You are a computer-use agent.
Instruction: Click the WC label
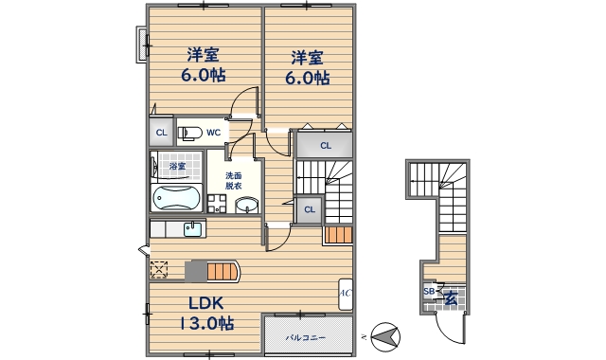pyautogui.click(x=213, y=133)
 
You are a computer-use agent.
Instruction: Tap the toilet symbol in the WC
pyautogui.click(x=189, y=133)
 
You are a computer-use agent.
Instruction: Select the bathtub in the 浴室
pyautogui.click(x=177, y=198)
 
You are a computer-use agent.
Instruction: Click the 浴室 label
pyautogui.click(x=177, y=167)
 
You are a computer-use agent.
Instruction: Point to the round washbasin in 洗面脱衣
pyautogui.click(x=246, y=206)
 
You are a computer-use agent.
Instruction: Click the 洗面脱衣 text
pyautogui.click(x=234, y=181)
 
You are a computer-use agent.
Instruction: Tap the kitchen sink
pyautogui.click(x=192, y=229)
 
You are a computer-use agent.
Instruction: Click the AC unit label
pyautogui.click(x=345, y=294)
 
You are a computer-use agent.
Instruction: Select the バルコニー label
pyautogui.click(x=305, y=337)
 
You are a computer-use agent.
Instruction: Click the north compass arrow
pyautogui.click(x=385, y=337)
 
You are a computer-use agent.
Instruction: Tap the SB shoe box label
pyautogui.click(x=429, y=291)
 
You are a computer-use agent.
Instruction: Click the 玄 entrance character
pyautogui.click(x=451, y=298)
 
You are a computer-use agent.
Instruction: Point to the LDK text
pyautogui.click(x=206, y=303)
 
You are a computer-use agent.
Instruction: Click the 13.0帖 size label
pyautogui.click(x=206, y=323)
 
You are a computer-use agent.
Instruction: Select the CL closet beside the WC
pyautogui.click(x=162, y=133)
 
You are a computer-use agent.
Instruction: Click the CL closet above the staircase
pyautogui.click(x=325, y=145)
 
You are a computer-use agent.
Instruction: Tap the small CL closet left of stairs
pyautogui.click(x=310, y=210)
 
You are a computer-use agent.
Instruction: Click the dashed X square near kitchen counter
pyautogui.click(x=159, y=269)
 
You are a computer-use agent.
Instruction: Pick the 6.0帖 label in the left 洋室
pyautogui.click(x=204, y=76)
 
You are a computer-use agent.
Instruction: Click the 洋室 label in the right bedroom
pyautogui.click(x=307, y=58)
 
